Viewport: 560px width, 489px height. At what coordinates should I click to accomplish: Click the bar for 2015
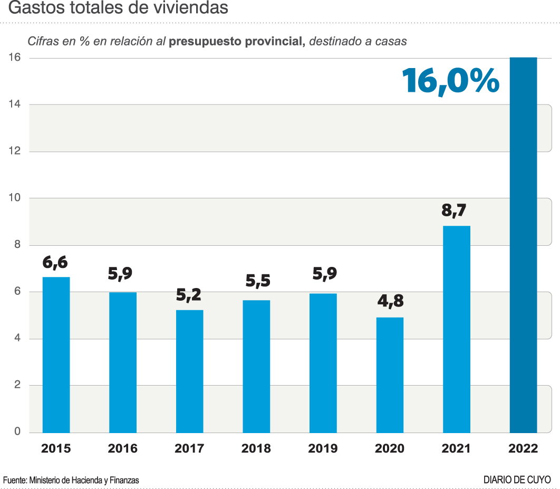click(56, 354)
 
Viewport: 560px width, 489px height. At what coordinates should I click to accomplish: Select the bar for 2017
click(189, 371)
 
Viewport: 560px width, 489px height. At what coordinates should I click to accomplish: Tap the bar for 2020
click(390, 375)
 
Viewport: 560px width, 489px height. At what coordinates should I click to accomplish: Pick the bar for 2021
click(457, 329)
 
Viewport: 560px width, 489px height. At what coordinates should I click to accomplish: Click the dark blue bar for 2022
click(523, 245)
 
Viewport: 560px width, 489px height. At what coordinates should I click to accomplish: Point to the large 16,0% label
click(450, 81)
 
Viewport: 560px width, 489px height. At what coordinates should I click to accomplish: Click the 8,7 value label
click(455, 210)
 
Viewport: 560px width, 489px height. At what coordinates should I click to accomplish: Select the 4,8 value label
click(390, 301)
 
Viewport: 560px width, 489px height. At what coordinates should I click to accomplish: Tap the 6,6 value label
click(55, 262)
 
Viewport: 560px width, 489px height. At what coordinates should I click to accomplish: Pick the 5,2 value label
click(188, 295)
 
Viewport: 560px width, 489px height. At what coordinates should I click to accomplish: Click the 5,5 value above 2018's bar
click(257, 281)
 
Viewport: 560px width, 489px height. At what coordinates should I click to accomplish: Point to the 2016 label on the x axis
click(122, 449)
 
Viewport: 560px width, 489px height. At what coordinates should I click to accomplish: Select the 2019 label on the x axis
click(323, 449)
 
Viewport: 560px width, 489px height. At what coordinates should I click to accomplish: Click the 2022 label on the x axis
click(523, 449)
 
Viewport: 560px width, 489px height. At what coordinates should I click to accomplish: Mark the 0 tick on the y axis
click(17, 432)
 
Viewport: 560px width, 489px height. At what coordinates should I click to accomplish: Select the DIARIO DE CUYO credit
click(517, 480)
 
